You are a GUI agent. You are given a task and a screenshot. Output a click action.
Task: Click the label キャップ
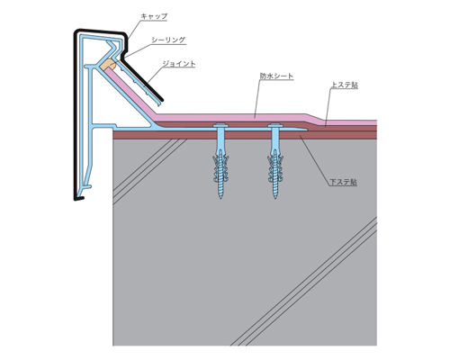click(154, 16)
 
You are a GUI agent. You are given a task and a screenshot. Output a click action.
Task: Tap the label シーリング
click(168, 40)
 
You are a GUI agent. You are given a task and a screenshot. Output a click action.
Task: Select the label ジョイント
click(179, 64)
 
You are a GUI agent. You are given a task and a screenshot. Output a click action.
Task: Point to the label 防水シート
click(276, 76)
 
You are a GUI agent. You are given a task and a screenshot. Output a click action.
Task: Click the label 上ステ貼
click(345, 85)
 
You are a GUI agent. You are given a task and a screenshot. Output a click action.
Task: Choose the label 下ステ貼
click(344, 182)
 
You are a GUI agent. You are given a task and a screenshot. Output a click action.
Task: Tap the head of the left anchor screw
click(220, 125)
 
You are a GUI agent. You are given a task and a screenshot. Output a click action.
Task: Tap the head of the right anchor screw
click(275, 125)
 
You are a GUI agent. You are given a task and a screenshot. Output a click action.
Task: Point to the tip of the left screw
click(220, 198)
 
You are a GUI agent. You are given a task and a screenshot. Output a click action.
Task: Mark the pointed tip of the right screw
click(275, 198)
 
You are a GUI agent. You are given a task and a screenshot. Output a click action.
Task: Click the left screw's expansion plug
click(220, 168)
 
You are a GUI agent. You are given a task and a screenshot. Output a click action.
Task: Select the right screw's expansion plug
click(275, 168)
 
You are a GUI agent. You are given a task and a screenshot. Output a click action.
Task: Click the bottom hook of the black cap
click(78, 198)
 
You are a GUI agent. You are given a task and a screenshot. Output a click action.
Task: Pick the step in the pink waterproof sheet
click(315, 118)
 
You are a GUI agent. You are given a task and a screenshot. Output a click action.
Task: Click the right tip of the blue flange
click(307, 130)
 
